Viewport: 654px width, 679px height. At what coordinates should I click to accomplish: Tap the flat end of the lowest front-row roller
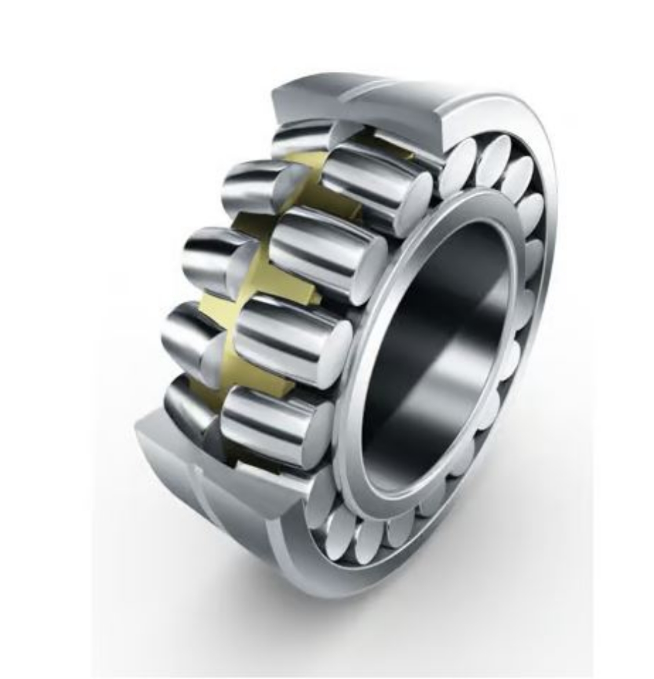[317, 427]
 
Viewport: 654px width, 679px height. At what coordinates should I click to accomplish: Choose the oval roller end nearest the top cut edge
[458, 162]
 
